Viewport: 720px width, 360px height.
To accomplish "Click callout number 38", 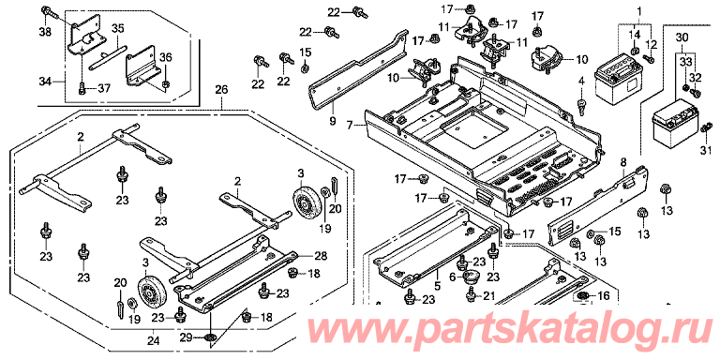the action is [47, 32].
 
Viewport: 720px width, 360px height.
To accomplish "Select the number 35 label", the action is [117, 28].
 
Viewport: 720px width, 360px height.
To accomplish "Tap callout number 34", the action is [45, 82].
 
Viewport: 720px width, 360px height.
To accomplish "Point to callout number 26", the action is [221, 90].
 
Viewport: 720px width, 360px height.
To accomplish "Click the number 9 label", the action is [333, 122].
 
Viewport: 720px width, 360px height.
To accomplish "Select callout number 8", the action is [623, 161].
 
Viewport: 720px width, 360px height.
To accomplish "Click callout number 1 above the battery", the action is [638, 9].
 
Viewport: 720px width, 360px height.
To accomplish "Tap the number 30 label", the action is [682, 37].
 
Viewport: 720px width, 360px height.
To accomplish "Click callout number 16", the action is [604, 296].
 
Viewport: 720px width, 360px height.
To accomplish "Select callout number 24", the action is [154, 340].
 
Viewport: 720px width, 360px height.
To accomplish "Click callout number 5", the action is [437, 286].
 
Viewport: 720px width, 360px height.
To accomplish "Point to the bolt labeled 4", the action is [582, 105].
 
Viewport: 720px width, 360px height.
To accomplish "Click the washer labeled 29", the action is [210, 338].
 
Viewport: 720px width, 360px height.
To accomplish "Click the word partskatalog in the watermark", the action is [505, 328].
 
